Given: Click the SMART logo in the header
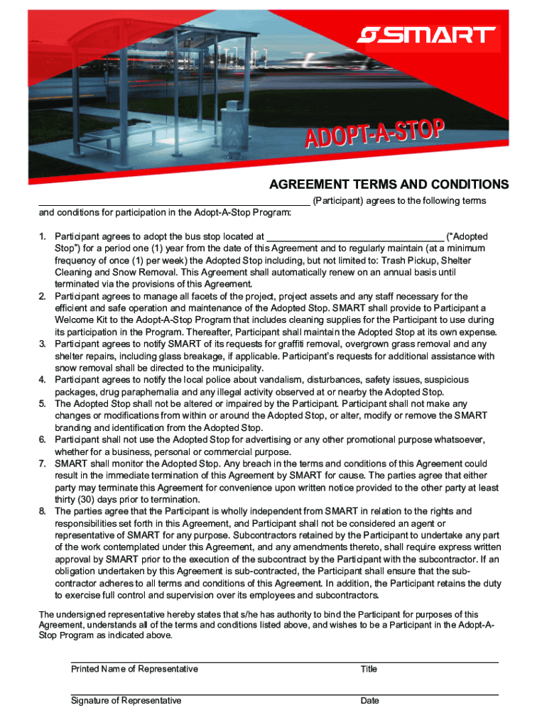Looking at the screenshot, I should [x=426, y=35].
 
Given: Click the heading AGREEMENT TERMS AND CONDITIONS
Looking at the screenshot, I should [x=389, y=185].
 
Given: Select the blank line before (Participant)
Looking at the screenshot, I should [x=174, y=204].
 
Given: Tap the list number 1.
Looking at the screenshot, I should [x=43, y=236].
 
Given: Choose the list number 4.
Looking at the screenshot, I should [x=43, y=381].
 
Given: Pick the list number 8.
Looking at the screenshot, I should [x=43, y=511].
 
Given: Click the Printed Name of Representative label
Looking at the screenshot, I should [x=134, y=669].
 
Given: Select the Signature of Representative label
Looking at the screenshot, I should [x=126, y=701].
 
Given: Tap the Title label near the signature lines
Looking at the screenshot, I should [x=369, y=669].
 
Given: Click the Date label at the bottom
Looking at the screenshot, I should [x=369, y=701].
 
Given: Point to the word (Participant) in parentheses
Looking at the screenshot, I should [x=338, y=201].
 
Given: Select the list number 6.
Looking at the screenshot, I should [x=43, y=440].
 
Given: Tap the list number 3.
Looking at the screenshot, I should [x=43, y=344].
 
